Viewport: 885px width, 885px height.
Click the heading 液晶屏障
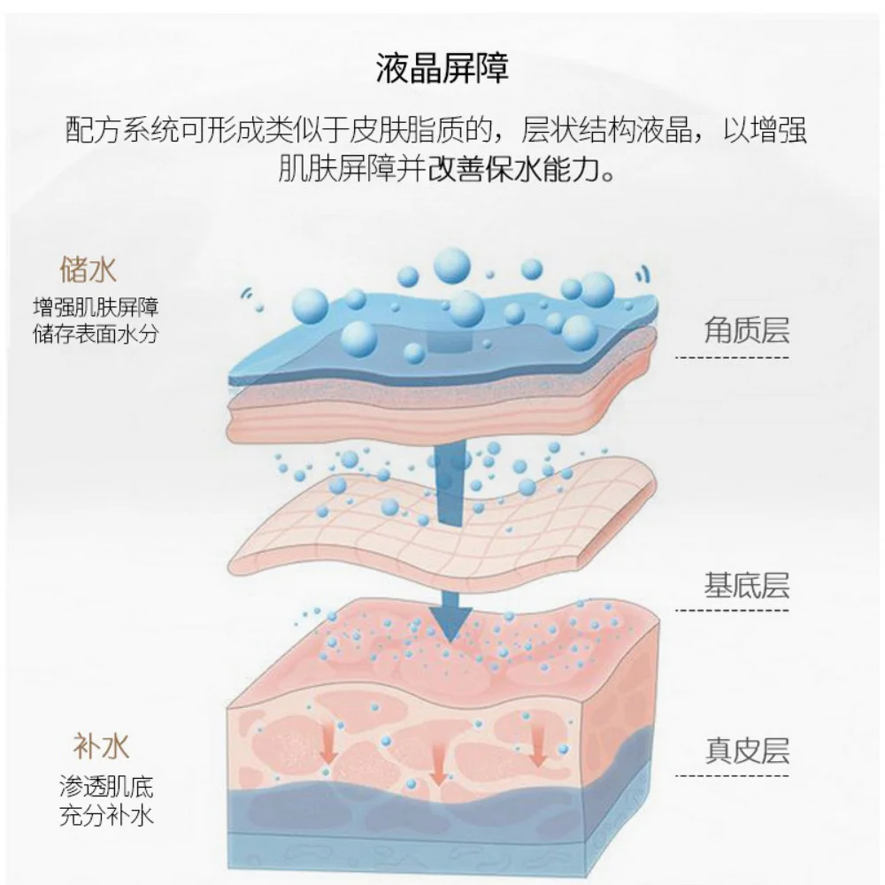[x=442, y=68]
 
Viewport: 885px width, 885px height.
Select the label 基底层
[x=746, y=585]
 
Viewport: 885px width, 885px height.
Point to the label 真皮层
[x=746, y=750]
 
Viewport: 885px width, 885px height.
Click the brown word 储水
[x=88, y=268]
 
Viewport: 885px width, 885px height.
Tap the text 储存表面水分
[x=96, y=334]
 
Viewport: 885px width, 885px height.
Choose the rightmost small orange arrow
[x=537, y=751]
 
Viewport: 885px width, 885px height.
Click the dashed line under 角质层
[x=731, y=358]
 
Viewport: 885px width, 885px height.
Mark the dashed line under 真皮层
[x=731, y=776]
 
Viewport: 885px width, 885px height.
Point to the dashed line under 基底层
[x=731, y=610]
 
